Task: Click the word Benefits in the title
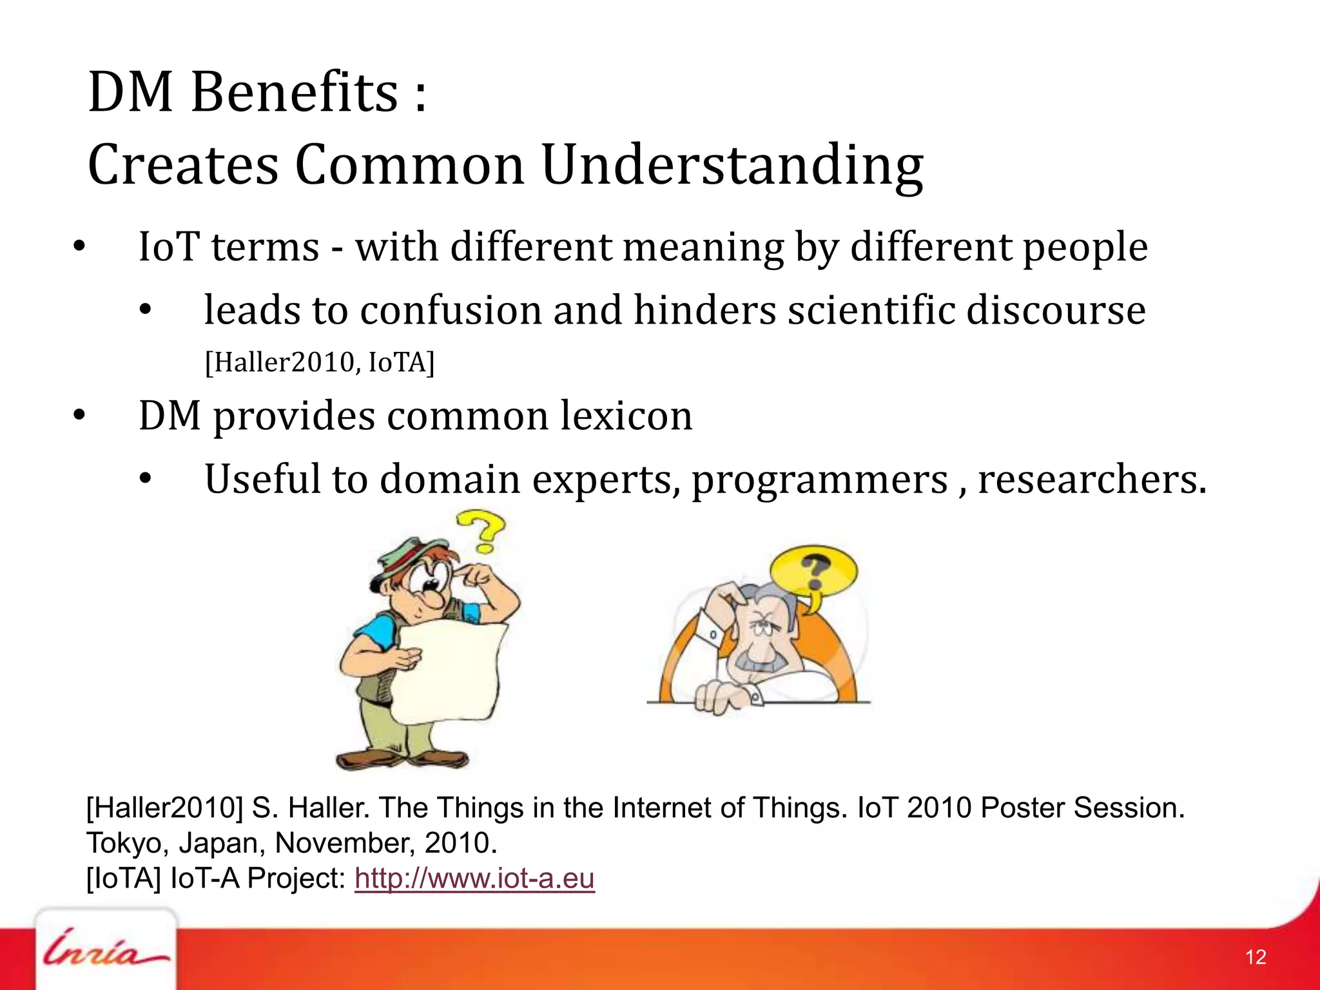click(295, 92)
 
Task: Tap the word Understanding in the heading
click(732, 166)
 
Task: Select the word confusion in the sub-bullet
click(451, 311)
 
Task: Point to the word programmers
click(820, 480)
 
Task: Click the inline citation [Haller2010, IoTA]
click(320, 362)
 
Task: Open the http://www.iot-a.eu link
click(474, 878)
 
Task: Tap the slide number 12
click(1256, 957)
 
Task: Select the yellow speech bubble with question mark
click(815, 570)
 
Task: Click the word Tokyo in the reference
click(123, 843)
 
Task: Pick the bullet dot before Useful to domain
click(145, 480)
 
